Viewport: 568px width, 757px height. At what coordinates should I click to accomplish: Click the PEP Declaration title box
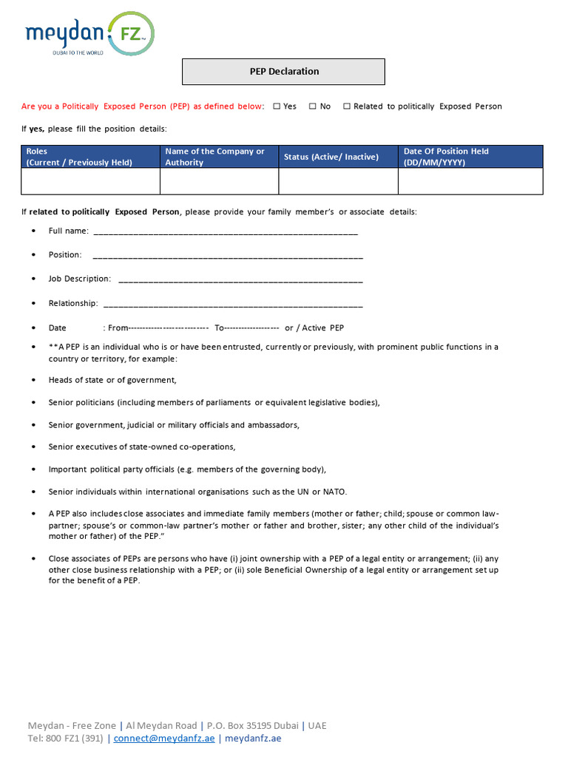click(284, 72)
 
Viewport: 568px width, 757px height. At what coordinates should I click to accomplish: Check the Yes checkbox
click(277, 106)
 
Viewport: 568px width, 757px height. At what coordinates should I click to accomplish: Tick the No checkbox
click(313, 106)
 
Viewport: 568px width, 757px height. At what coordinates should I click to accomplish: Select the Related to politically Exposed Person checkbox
click(347, 106)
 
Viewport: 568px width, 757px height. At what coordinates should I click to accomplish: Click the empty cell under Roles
click(91, 181)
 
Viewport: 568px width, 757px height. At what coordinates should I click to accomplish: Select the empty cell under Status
click(338, 181)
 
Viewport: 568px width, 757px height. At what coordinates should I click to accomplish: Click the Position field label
click(65, 255)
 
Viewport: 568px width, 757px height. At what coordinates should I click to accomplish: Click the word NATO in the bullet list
click(334, 492)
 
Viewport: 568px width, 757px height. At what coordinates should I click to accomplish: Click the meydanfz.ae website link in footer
click(253, 738)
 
